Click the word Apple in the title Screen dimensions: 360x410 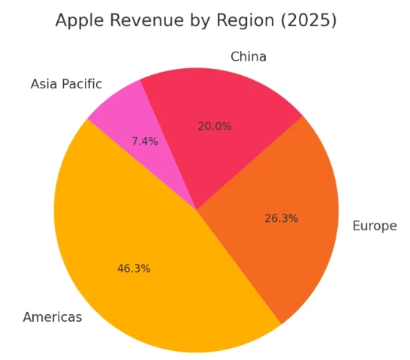pos(79,21)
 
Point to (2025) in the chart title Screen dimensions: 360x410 pos(306,21)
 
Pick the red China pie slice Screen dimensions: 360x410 pos(218,112)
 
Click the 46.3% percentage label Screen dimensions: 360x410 pos(134,268)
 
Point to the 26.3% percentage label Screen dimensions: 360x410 pos(282,218)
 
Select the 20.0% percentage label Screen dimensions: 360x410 pos(215,127)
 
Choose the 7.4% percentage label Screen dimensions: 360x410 pos(145,141)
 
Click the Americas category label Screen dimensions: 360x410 pos(53,317)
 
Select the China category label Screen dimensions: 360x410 pos(249,57)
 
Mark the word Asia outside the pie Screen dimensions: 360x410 pos(45,84)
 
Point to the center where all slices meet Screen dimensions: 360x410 pos(196,210)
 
